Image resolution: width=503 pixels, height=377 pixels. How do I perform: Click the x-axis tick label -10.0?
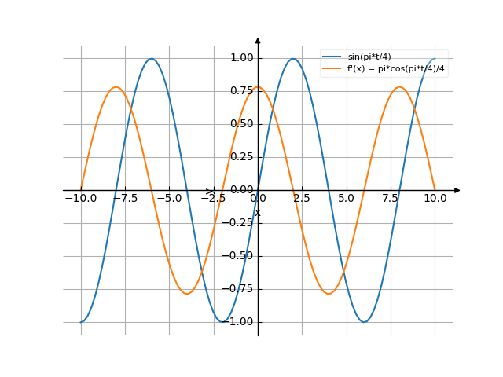pos(80,199)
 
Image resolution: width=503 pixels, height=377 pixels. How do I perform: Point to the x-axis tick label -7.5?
pos(124,199)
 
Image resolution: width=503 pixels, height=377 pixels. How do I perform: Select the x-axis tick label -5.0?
pos(169,199)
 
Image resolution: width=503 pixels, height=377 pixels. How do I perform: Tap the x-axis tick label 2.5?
pos(303,199)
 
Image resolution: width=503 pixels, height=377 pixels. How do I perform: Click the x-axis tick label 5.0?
pos(347,199)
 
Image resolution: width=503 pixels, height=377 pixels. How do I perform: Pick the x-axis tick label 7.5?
pos(391,199)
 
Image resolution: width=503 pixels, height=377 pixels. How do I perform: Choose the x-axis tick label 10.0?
pos(435,199)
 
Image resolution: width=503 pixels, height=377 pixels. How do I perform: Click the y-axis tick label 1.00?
pos(241,58)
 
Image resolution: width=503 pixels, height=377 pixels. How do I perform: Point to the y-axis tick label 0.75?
pos(241,91)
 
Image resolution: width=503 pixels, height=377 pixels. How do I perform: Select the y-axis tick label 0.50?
pos(241,124)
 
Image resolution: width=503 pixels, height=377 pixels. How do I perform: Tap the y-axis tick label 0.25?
pos(241,157)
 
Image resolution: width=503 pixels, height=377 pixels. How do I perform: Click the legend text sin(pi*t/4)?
pos(369,57)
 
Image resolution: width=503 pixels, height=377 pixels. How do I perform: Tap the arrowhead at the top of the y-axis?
pos(258,40)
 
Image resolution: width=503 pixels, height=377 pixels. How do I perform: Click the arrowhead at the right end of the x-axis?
pos(457,190)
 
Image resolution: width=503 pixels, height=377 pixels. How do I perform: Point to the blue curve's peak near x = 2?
pos(293,59)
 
